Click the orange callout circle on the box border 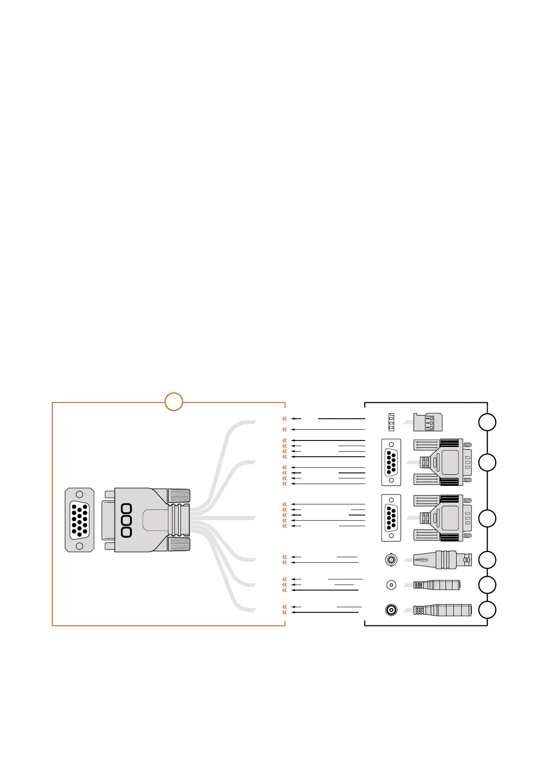[x=174, y=402]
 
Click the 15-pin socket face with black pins [x=80, y=520]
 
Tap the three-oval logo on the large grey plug [x=126, y=521]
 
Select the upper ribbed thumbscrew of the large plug [x=179, y=496]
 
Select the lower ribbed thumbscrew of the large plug [x=179, y=544]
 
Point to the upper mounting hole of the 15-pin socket [x=80, y=494]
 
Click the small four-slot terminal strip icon [x=391, y=421]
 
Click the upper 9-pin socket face [x=391, y=462]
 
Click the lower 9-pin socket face [x=391, y=518]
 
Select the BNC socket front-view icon [x=391, y=560]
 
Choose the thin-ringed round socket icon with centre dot [x=391, y=585]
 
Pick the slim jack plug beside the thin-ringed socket [x=437, y=585]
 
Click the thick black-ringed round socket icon [x=391, y=610]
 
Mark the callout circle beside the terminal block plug [x=487, y=422]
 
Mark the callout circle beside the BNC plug [x=487, y=560]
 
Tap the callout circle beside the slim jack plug [x=487, y=585]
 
